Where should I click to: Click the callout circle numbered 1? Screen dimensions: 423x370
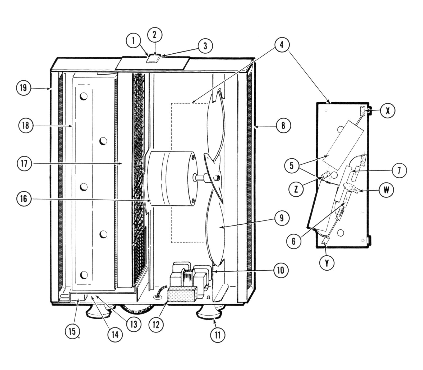[x=133, y=41]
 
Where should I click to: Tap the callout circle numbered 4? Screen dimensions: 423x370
[x=281, y=45]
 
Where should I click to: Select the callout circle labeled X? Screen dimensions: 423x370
[x=388, y=111]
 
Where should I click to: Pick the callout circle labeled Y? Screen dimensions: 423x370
[x=327, y=263]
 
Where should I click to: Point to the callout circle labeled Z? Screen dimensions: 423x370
[x=296, y=189]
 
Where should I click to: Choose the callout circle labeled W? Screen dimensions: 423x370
[x=386, y=190]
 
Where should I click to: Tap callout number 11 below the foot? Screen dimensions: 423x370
[x=217, y=335]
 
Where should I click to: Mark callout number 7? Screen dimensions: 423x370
[x=399, y=171]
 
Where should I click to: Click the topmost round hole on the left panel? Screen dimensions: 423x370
[x=84, y=96]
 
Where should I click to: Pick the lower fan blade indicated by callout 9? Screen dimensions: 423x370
[x=215, y=233]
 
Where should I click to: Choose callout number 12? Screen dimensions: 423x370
[x=156, y=324]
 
